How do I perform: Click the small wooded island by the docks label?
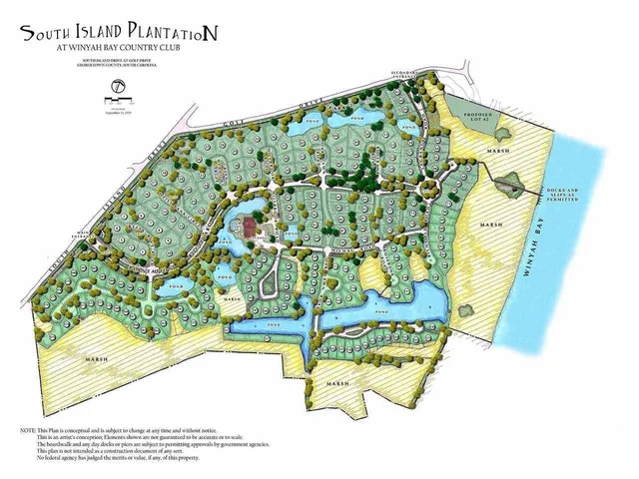pyautogui.click(x=512, y=182)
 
